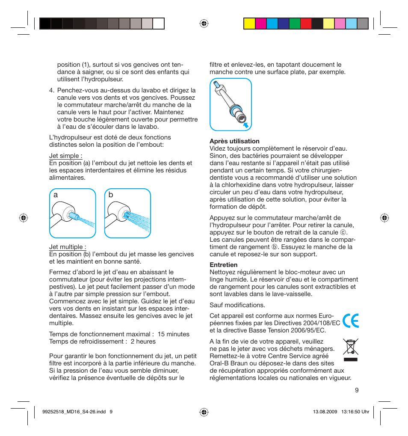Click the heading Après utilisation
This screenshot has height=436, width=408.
click(234, 141)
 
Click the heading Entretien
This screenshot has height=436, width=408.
click(223, 265)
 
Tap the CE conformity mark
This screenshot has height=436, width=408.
click(351, 320)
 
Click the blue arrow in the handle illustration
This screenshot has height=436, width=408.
click(246, 125)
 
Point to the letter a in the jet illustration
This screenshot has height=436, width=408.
click(56, 195)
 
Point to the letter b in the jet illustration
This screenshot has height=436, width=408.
click(111, 195)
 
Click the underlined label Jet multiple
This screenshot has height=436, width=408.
click(68, 247)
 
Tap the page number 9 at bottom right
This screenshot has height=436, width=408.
click(356, 390)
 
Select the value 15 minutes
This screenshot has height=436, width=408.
click(173, 334)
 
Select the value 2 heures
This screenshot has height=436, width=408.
click(143, 341)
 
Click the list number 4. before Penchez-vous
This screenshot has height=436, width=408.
click(52, 90)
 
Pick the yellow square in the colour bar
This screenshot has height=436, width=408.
click(249, 24)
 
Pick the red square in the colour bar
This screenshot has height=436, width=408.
click(306, 24)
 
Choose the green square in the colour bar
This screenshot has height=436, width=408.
click(295, 24)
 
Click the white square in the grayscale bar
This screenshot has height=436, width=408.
click(159, 24)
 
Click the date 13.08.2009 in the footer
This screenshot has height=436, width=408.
click(325, 412)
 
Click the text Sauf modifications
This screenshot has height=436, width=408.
click(237, 305)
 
